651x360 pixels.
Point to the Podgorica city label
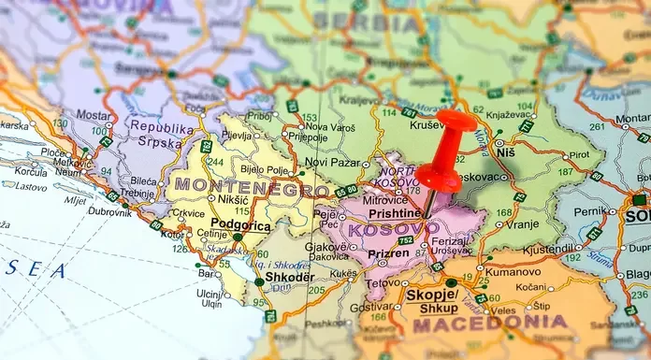(241, 224)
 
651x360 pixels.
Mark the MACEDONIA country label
(489, 324)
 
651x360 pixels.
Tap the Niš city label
(505, 151)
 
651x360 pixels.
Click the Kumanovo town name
(514, 270)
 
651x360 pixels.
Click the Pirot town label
(579, 154)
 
